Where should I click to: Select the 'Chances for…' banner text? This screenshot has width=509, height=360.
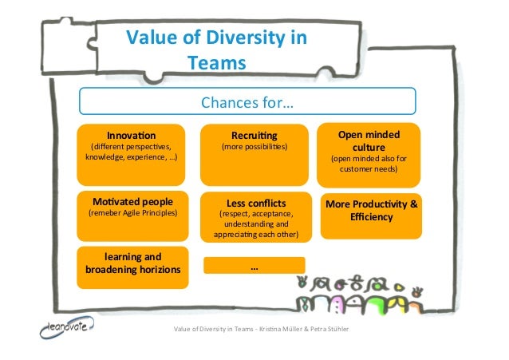pos(247,103)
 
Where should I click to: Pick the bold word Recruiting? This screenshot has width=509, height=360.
pos(254,135)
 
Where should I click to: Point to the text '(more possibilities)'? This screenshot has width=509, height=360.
pos(254,148)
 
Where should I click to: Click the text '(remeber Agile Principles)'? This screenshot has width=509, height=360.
pos(132,213)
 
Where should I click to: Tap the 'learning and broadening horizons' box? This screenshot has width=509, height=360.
pos(132,263)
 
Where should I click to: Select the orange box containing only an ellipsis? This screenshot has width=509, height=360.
pos(254,266)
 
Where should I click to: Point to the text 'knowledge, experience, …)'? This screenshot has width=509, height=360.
pos(132,159)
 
